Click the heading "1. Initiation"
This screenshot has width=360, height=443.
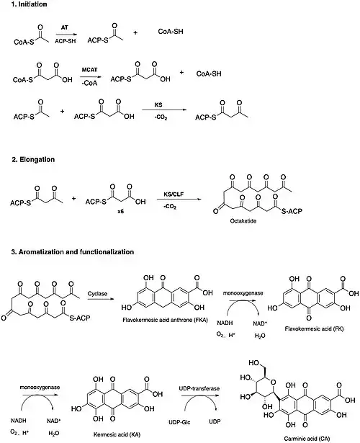(29, 4)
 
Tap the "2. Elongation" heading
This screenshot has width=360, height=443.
(33, 160)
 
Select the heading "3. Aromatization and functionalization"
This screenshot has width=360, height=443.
(73, 251)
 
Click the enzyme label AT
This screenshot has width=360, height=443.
(65, 27)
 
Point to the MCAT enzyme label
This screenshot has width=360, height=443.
(89, 70)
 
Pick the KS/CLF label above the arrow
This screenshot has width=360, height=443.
(174, 194)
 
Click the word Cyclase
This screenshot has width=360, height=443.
(97, 294)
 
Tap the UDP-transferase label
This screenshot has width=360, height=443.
(199, 388)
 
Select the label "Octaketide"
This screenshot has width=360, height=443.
(243, 221)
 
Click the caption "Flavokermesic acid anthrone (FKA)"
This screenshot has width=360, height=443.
(165, 320)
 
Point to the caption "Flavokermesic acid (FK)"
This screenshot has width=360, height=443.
(314, 328)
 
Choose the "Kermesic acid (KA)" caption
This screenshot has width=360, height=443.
(117, 434)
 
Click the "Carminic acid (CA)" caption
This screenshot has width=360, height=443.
(307, 439)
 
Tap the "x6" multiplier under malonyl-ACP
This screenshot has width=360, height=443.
(120, 211)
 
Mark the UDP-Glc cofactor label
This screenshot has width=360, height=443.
(179, 422)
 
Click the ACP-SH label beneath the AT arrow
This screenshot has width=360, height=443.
(66, 41)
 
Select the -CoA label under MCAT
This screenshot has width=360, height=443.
(89, 83)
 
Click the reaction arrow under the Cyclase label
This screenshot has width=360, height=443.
(101, 299)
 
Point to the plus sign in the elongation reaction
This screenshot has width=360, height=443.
(73, 199)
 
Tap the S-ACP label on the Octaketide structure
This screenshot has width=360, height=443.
(292, 211)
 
